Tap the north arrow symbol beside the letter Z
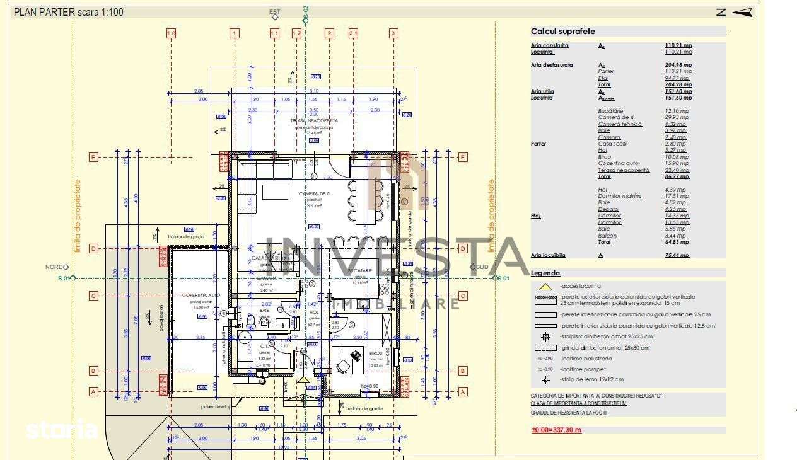743,11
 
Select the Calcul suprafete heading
562,31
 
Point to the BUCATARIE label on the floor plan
360,270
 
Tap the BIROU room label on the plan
376,354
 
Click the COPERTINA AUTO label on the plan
201,295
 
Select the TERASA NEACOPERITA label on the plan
314,120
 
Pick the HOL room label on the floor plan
314,312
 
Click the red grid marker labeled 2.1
353,33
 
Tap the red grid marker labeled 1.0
171,33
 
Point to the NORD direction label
54,267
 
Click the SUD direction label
482,267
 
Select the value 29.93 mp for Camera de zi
677,117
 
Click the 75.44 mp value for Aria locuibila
678,255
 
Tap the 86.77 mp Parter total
677,177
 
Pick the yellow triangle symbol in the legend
545,286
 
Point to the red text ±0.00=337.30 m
556,430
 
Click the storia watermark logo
61,430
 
